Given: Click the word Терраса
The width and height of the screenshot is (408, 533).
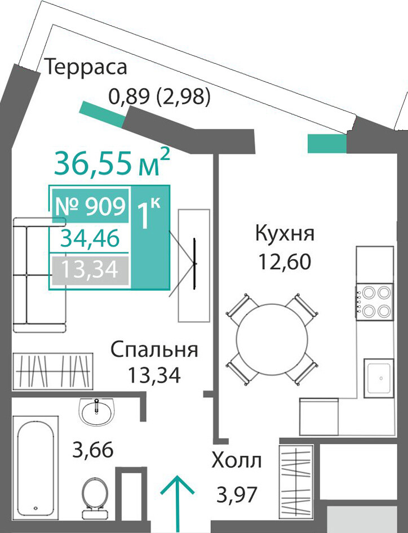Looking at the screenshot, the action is [86, 67].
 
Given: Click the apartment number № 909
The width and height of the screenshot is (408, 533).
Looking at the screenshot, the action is [90, 206].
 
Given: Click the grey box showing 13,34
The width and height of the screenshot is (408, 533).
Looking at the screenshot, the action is [90, 270].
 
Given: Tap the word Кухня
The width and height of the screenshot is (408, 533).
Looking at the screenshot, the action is [285, 234].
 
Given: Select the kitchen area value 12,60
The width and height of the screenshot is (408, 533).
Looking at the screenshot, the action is [285, 262].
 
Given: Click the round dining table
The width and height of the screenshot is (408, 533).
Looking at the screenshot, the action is [272, 339].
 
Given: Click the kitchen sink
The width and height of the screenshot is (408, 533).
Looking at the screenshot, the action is [379, 377].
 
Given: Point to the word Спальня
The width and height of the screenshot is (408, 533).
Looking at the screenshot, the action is [154, 349].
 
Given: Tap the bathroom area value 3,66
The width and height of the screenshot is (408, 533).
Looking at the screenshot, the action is [93, 450].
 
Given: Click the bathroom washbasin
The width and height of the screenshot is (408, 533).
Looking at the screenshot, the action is [97, 411].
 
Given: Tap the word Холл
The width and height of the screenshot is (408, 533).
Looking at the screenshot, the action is [237, 461].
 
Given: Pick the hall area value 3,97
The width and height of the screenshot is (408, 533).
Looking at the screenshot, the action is [237, 495].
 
